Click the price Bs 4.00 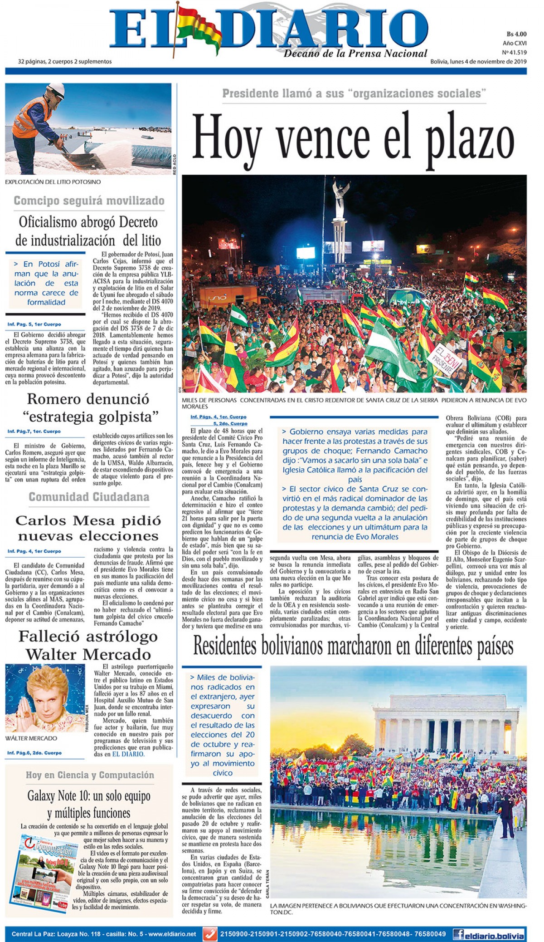[x=516, y=34]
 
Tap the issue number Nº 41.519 [x=514, y=53]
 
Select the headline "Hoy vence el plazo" [x=353, y=136]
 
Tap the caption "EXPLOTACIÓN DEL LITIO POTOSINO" [x=53, y=182]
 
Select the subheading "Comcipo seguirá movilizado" [x=89, y=201]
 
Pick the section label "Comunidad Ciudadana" [x=89, y=497]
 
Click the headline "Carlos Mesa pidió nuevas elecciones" [x=88, y=528]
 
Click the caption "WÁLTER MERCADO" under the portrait [x=31, y=738]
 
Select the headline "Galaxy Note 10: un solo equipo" [x=89, y=796]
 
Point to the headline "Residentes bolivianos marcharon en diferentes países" [x=353, y=646]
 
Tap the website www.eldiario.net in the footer [x=172, y=934]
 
